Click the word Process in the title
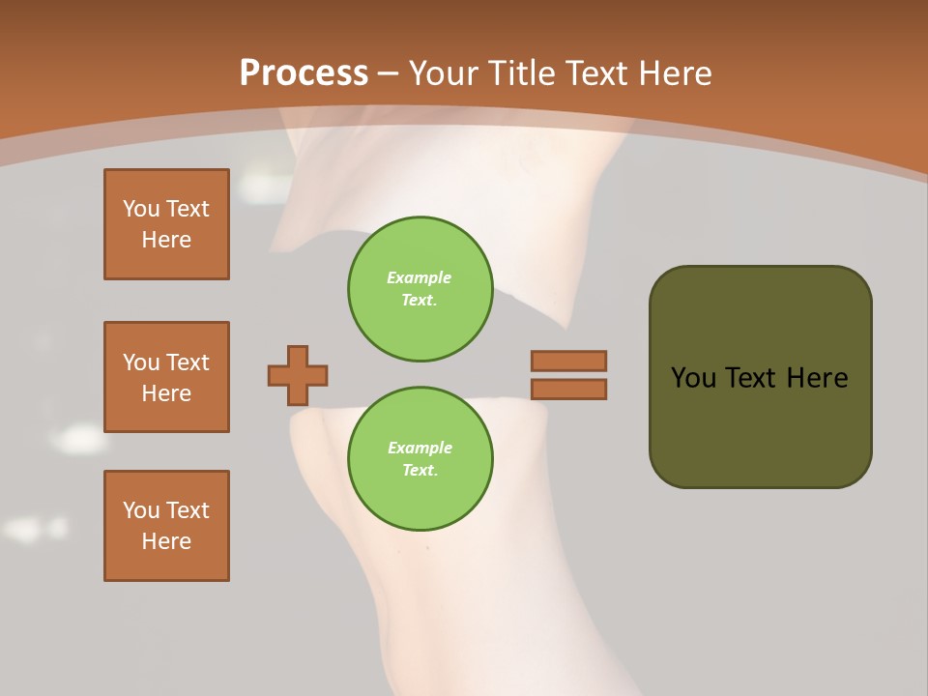point(304,73)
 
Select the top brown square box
point(166,224)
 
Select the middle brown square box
point(166,377)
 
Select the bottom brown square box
point(166,526)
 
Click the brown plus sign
point(298,375)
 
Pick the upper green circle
point(420,288)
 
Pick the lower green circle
point(420,458)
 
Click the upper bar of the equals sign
point(568,361)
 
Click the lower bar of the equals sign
point(568,389)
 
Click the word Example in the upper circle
point(420,277)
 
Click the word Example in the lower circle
point(420,448)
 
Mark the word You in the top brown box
point(141,209)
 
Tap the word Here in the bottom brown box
point(166,541)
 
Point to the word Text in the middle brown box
point(188,362)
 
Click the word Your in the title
point(442,73)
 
